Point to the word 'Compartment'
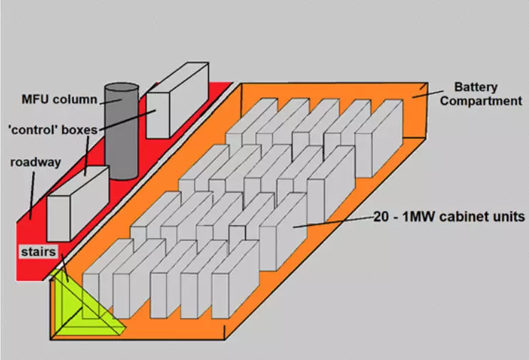pos(481,101)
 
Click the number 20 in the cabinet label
pos(381,215)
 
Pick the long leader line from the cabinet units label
pos(332,222)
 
